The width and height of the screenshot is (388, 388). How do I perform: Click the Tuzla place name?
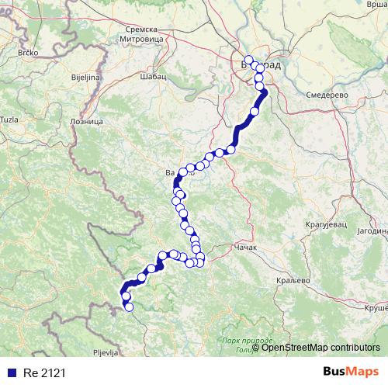coord(9,119)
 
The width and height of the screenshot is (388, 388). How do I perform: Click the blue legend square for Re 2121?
coord(9,373)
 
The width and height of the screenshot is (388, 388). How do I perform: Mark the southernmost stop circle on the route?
coord(129,307)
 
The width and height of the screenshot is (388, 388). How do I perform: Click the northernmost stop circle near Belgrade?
coord(248,61)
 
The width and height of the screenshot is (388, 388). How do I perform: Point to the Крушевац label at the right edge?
coord(376,307)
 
